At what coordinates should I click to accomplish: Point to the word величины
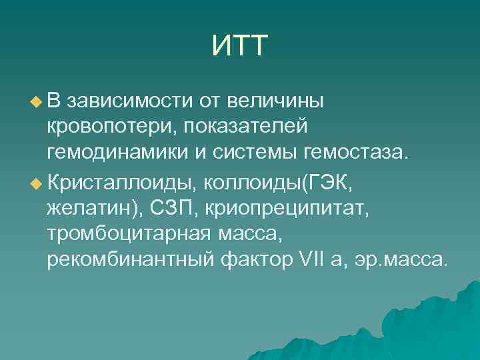pos(275,102)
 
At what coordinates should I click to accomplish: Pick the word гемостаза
pos(355,154)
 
